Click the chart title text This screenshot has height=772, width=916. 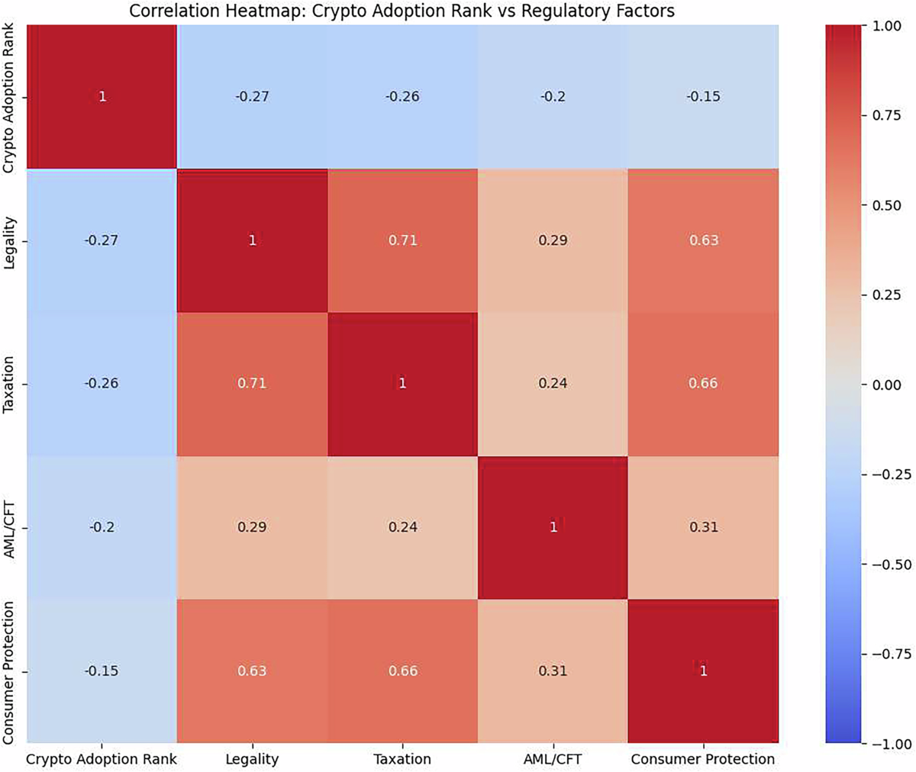tap(402, 11)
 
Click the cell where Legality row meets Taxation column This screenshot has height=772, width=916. tap(402, 240)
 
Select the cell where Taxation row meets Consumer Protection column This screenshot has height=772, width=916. tap(703, 384)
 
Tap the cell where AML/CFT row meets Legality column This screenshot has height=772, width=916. tap(252, 527)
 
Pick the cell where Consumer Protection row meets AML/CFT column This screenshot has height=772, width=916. tap(553, 671)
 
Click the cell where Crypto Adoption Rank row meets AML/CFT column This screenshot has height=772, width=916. tap(553, 97)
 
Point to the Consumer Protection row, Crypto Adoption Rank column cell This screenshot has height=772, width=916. tap(102, 671)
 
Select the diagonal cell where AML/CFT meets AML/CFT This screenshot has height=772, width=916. tap(553, 527)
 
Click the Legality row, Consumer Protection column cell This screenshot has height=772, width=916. tap(703, 240)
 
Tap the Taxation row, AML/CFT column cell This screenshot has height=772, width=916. tap(553, 384)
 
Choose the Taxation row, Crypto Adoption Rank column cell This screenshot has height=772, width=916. tap(102, 384)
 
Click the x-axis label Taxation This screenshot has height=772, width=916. tap(402, 760)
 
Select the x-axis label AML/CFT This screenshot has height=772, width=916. tap(553, 760)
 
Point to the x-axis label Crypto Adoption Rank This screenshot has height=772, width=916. tap(102, 760)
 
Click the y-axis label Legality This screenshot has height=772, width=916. tap(9, 240)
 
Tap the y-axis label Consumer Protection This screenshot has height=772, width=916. tap(9, 671)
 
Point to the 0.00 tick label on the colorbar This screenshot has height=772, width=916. tap(887, 385)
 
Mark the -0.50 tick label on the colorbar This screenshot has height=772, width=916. tap(887, 565)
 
